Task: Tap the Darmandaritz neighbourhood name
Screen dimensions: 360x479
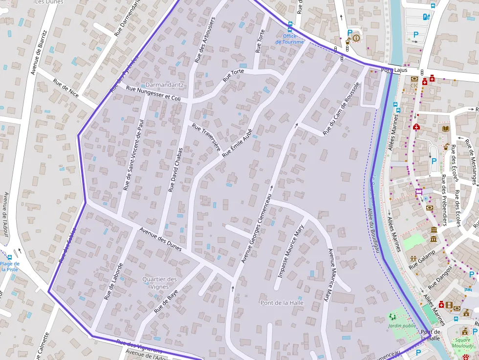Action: click(x=165, y=85)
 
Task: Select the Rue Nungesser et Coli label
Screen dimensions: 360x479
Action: click(x=153, y=94)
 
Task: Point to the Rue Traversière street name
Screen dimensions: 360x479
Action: click(x=206, y=137)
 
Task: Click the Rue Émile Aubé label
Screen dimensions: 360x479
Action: click(x=237, y=143)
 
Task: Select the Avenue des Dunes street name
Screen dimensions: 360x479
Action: click(x=160, y=239)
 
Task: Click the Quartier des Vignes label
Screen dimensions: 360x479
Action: click(x=159, y=283)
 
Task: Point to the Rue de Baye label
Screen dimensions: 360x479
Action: click(x=166, y=301)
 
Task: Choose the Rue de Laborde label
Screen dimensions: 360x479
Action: click(x=113, y=281)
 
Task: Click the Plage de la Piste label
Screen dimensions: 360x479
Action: click(x=10, y=266)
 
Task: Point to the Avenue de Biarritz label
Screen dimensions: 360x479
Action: click(x=39, y=52)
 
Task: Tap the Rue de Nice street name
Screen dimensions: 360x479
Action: click(x=66, y=88)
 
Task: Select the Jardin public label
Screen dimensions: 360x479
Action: click(x=402, y=325)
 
